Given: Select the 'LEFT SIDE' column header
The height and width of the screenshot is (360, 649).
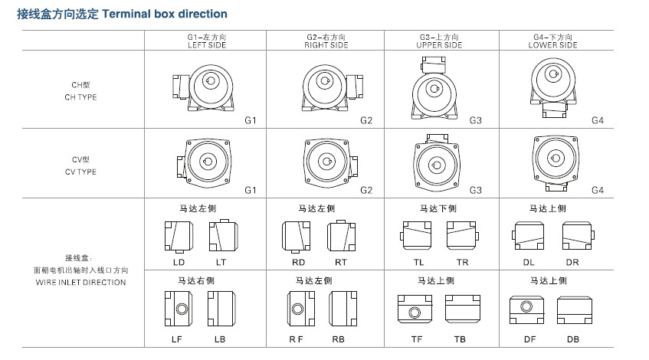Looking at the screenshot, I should pos(205,45).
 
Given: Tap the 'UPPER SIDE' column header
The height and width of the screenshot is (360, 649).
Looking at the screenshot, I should pos(439,45).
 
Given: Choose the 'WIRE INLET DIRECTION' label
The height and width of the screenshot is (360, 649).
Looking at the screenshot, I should pos(80,282).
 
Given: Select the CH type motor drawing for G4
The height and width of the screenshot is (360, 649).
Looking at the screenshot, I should pos(552,86).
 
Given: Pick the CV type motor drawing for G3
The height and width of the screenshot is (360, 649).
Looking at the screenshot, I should pos(439,163).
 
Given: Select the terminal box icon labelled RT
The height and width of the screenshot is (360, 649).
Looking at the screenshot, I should pos(340,235).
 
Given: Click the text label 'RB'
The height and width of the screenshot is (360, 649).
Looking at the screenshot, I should pos(338,339).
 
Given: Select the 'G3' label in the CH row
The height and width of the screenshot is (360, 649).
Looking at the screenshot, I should pos(475,121).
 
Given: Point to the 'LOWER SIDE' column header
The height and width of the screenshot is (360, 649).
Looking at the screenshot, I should pos(552,45).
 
